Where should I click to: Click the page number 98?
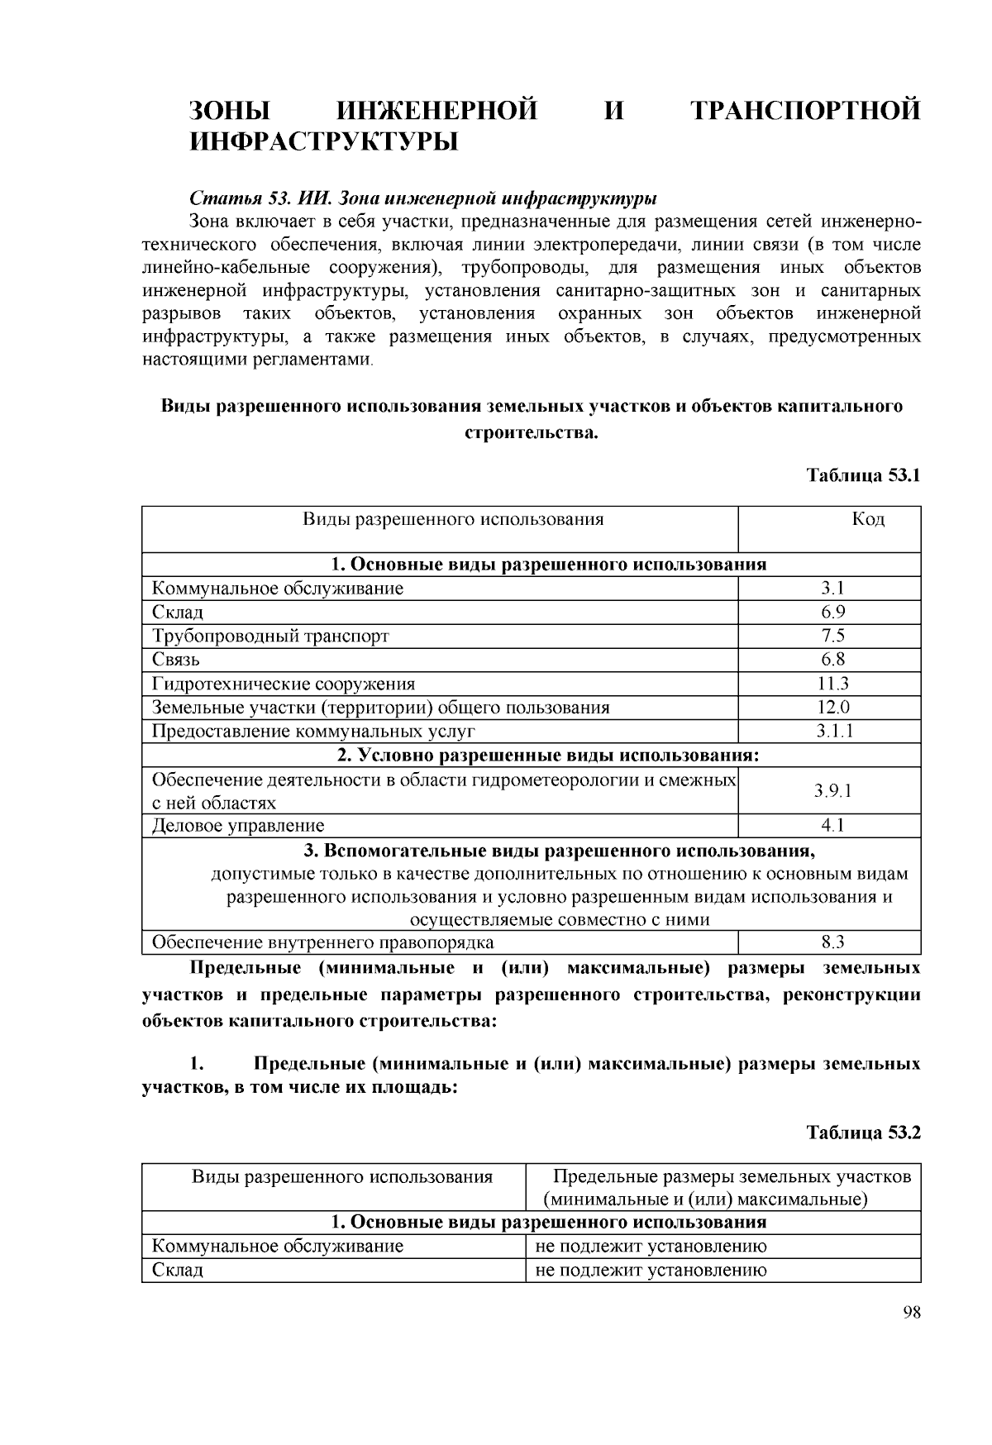(911, 1314)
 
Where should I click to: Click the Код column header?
(867, 519)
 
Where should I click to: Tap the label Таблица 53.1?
(863, 475)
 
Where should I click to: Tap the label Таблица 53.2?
(863, 1133)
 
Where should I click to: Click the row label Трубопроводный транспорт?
(270, 636)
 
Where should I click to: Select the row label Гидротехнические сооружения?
(284, 684)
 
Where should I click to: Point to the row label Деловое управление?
(238, 825)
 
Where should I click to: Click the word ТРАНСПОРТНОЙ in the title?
(805, 111)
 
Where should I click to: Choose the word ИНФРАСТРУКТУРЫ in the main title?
(323, 142)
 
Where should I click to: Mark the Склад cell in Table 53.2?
(178, 1270)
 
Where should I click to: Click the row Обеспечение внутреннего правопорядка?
(323, 942)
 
